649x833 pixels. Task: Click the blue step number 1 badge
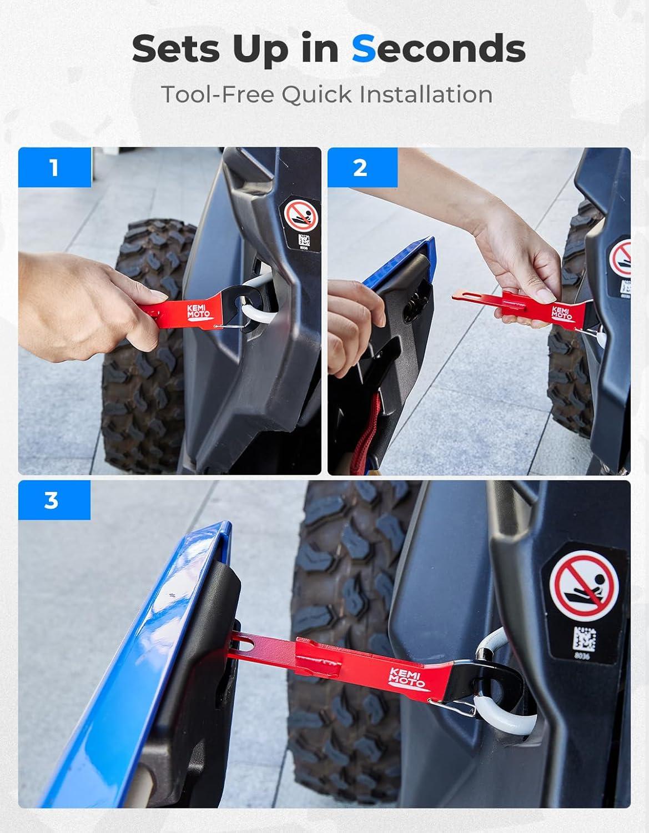pyautogui.click(x=55, y=167)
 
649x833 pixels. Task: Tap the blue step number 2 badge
pyautogui.click(x=361, y=168)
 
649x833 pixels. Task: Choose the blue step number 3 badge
pyautogui.click(x=54, y=500)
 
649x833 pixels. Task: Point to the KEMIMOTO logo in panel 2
pyautogui.click(x=561, y=313)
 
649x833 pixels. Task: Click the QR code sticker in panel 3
pyautogui.click(x=584, y=639)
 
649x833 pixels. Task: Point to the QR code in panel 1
pyautogui.click(x=304, y=241)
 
